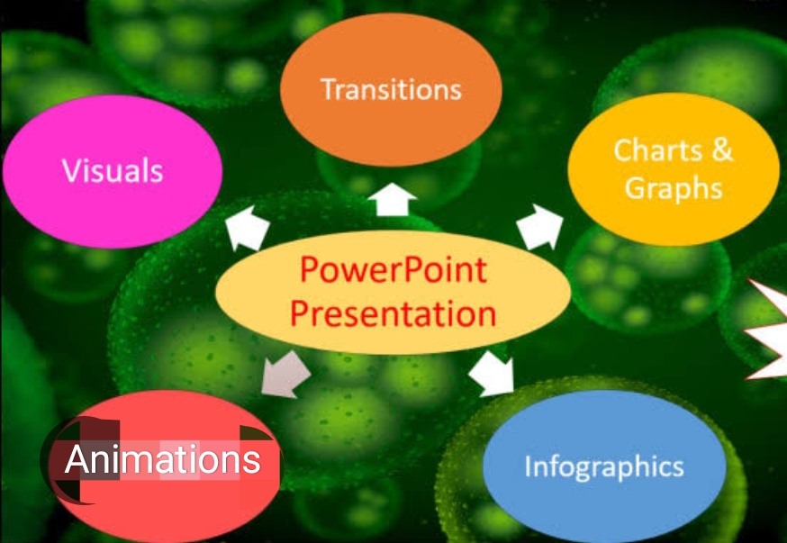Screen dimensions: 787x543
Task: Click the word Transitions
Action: click(391, 89)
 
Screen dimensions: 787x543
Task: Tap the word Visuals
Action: click(113, 170)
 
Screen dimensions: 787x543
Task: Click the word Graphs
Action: click(673, 189)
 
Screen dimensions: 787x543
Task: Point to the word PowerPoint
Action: click(393, 269)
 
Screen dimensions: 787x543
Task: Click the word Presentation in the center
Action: click(393, 313)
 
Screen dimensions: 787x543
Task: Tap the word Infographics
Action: click(604, 466)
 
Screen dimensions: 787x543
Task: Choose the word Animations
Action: click(163, 459)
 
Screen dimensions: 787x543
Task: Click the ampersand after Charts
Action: click(722, 149)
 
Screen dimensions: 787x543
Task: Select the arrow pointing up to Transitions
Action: click(392, 200)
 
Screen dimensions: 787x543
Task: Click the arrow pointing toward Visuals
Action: click(247, 228)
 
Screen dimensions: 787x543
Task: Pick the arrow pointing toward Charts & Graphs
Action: click(539, 227)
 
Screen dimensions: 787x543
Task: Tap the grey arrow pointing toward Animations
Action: click(285, 375)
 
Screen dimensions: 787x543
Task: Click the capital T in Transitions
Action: click(330, 89)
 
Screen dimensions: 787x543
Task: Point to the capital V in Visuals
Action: click(73, 170)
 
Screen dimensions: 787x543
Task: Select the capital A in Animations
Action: click(77, 459)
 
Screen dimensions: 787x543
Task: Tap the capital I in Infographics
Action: click(528, 466)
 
